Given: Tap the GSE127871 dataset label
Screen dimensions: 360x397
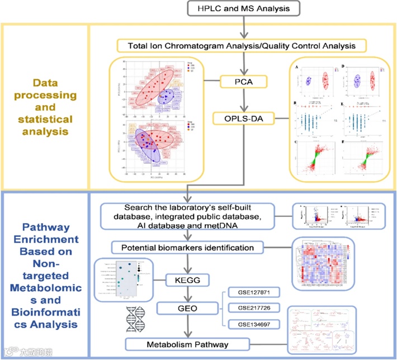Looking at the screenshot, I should pos(252,293).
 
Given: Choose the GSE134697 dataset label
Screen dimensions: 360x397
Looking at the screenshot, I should pos(252,324).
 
